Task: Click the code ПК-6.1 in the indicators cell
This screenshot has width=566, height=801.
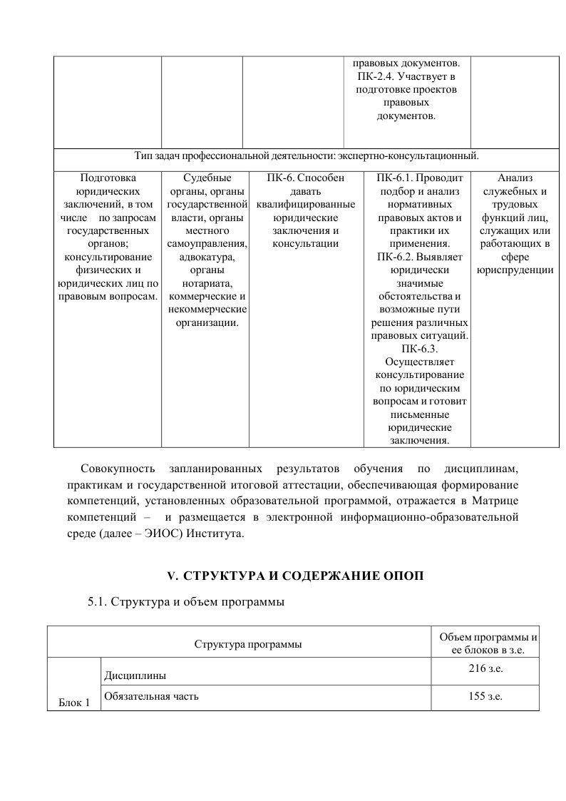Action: [397, 177]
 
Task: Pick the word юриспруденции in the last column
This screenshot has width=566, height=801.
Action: [514, 271]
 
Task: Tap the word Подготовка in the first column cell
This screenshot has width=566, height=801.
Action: [108, 177]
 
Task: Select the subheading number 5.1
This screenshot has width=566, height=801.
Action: [97, 602]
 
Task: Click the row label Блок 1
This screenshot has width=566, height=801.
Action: [74, 703]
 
